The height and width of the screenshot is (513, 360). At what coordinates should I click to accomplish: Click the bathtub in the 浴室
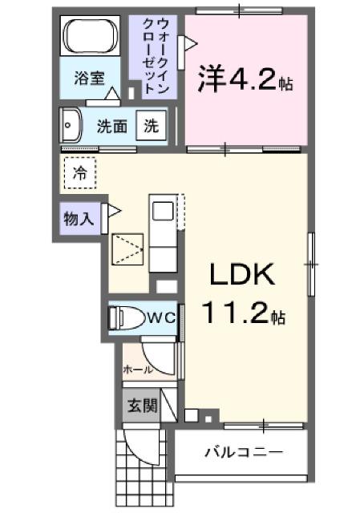pyautogui.click(x=91, y=37)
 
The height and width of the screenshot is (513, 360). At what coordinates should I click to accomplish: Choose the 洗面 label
pyautogui.click(x=112, y=126)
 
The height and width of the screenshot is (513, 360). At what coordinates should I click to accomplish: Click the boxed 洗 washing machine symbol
pyautogui.click(x=151, y=125)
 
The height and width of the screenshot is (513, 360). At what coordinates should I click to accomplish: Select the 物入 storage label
pyautogui.click(x=79, y=217)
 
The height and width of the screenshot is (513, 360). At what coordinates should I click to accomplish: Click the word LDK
pyautogui.click(x=242, y=276)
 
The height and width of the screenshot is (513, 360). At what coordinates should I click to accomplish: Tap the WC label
pyautogui.click(x=162, y=317)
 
